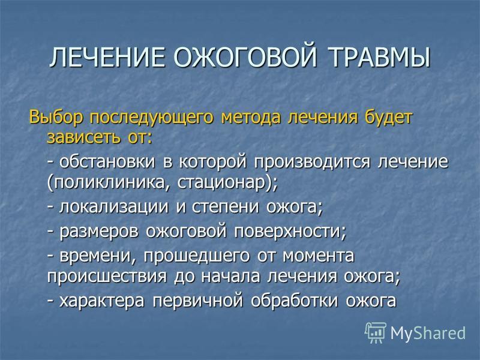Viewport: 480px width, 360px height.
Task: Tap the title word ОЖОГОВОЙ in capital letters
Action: pyautogui.click(x=245, y=57)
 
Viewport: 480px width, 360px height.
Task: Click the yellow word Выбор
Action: pyautogui.click(x=56, y=118)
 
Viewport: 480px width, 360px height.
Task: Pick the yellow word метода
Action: pyautogui.click(x=250, y=118)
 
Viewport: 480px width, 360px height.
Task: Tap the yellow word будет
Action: pyautogui.click(x=388, y=118)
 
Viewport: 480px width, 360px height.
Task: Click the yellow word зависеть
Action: pyautogui.click(x=83, y=137)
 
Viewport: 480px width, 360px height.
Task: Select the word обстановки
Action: pyautogui.click(x=107, y=161)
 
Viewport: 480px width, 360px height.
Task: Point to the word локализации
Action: pyautogui.click(x=114, y=207)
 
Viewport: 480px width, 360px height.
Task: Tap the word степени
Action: pyautogui.click(x=226, y=208)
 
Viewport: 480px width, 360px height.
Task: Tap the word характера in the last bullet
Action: pyautogui.click(x=101, y=301)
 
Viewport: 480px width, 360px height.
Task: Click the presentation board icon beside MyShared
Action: pyautogui.click(x=376, y=332)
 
